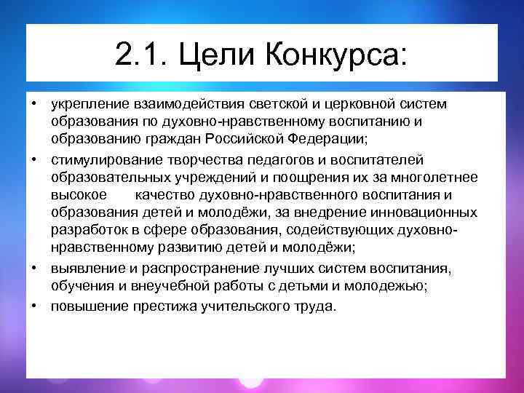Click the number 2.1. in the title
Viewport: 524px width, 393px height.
point(140,53)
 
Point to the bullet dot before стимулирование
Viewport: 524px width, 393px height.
point(33,157)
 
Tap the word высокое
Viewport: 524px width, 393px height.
point(79,195)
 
